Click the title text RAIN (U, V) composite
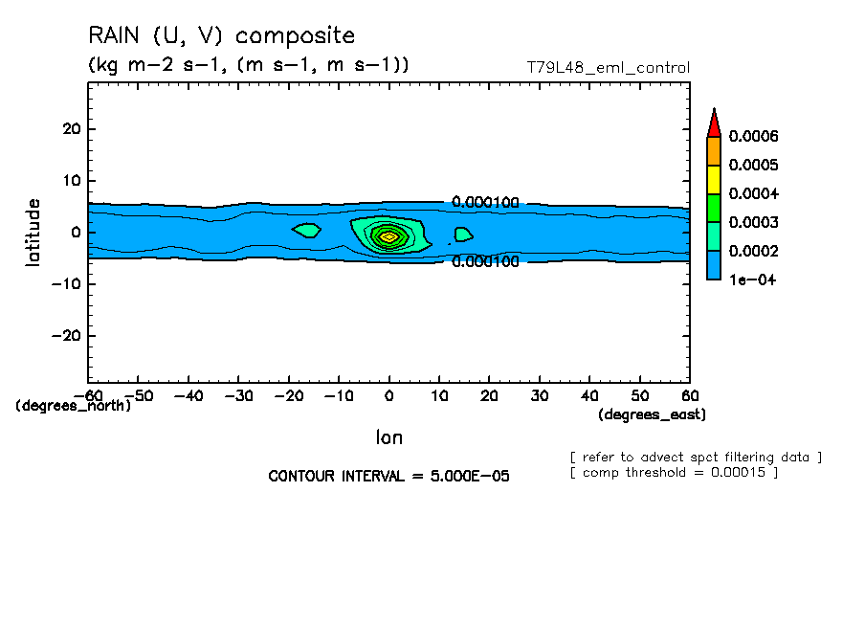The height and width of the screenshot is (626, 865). pos(221,36)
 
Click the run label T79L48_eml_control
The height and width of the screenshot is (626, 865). pos(608,68)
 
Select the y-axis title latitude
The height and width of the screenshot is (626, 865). pos(33,232)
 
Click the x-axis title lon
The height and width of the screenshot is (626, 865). pos(388,437)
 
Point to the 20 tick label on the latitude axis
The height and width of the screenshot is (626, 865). pos(68,129)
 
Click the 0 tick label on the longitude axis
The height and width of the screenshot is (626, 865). pos(388,395)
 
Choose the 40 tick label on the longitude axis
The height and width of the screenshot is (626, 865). pos(590,395)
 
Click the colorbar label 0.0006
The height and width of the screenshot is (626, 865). pos(754,136)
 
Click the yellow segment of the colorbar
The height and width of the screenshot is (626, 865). pos(713,179)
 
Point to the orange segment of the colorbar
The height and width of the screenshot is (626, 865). pos(713,150)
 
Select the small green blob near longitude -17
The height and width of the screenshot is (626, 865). pos(306,231)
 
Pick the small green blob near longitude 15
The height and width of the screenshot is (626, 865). pos(463,235)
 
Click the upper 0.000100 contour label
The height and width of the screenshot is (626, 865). pos(485,203)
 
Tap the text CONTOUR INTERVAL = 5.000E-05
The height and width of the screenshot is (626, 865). pos(388,476)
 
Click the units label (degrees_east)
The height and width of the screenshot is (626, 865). pos(652,414)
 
